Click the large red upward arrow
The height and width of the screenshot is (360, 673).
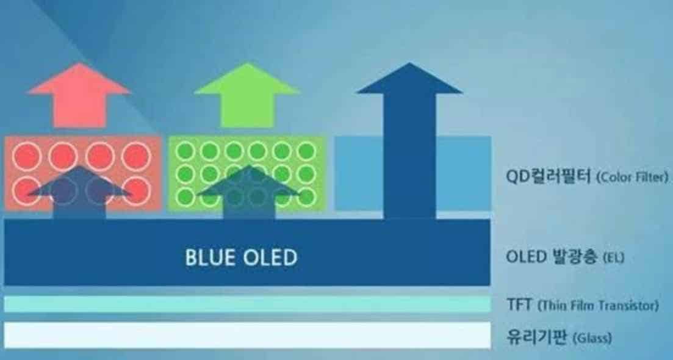(79, 98)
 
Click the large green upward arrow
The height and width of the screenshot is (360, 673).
(247, 98)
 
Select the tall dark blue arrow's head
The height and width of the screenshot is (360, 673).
(409, 80)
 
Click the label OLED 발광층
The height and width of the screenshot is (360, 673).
(552, 257)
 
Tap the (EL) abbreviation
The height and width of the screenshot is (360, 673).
(613, 258)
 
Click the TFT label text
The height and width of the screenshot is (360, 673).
(519, 304)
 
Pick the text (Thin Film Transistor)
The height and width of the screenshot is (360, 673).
(599, 304)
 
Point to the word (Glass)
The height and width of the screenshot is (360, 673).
(592, 337)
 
